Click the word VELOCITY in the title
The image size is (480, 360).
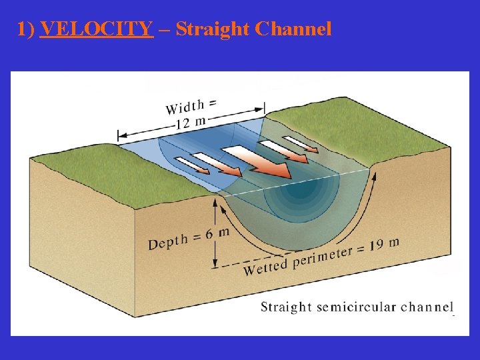pos(97,29)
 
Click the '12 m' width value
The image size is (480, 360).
pos(191,122)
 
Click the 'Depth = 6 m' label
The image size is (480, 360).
pos(188,239)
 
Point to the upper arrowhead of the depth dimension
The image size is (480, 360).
pos(215,201)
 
